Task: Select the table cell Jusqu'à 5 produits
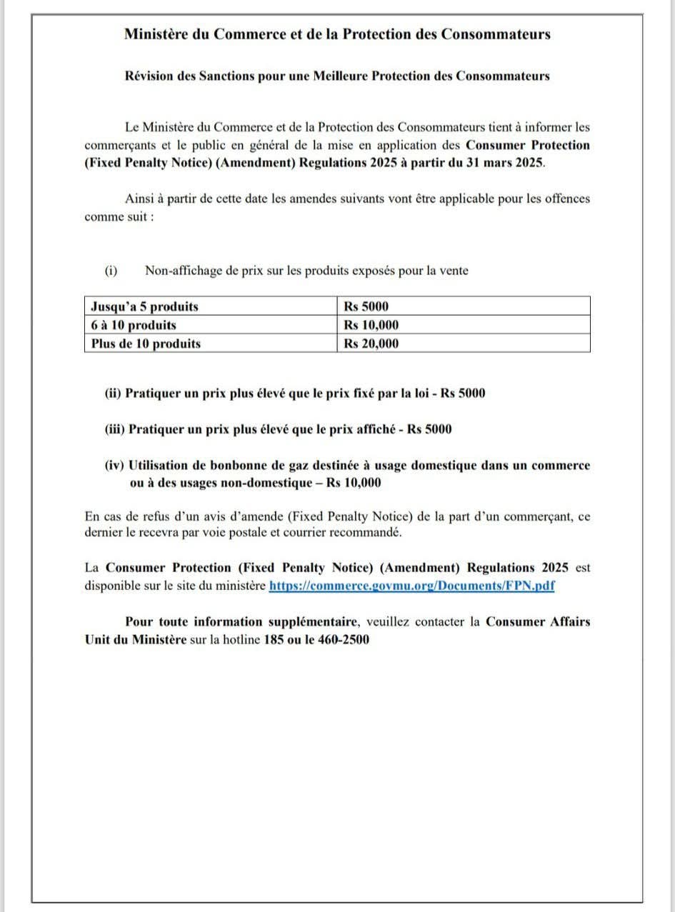pos(145,306)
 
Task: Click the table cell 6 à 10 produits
pos(134,325)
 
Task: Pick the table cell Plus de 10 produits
pos(146,344)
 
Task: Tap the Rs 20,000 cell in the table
pos(371,344)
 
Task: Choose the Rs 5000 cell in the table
pos(366,306)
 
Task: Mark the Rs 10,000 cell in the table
pos(371,325)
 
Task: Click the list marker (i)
pos(111,271)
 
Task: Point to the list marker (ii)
pos(114,394)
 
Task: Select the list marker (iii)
pos(115,429)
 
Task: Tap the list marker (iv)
pos(115,466)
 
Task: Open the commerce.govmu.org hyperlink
pos(412,586)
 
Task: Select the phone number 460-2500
pos(344,639)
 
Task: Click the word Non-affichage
pos(181,271)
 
